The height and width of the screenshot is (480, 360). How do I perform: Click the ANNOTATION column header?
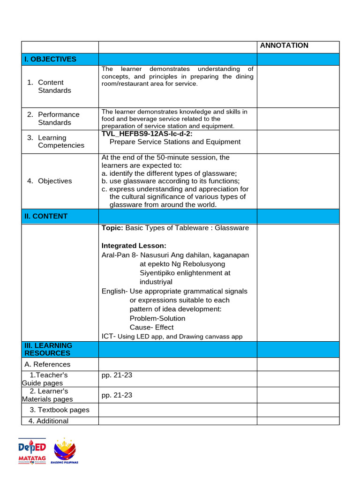(284, 45)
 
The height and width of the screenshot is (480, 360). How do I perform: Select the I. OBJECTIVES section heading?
(50, 59)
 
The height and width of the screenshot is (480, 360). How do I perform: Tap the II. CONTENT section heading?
(46, 216)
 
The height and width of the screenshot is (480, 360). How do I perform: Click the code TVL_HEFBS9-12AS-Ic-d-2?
(147, 134)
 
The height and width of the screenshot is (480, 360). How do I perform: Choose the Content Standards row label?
(54, 86)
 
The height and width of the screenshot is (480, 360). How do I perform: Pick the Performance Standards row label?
(59, 118)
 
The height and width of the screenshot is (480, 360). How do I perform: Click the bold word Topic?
(112, 228)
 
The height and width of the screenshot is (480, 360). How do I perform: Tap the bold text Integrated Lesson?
(134, 246)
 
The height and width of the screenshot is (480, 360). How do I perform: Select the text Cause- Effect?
(151, 327)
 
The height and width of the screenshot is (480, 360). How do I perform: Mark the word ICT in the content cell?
(108, 336)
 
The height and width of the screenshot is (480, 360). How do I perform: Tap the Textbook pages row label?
(63, 410)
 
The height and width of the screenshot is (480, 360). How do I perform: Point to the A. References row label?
(47, 364)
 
